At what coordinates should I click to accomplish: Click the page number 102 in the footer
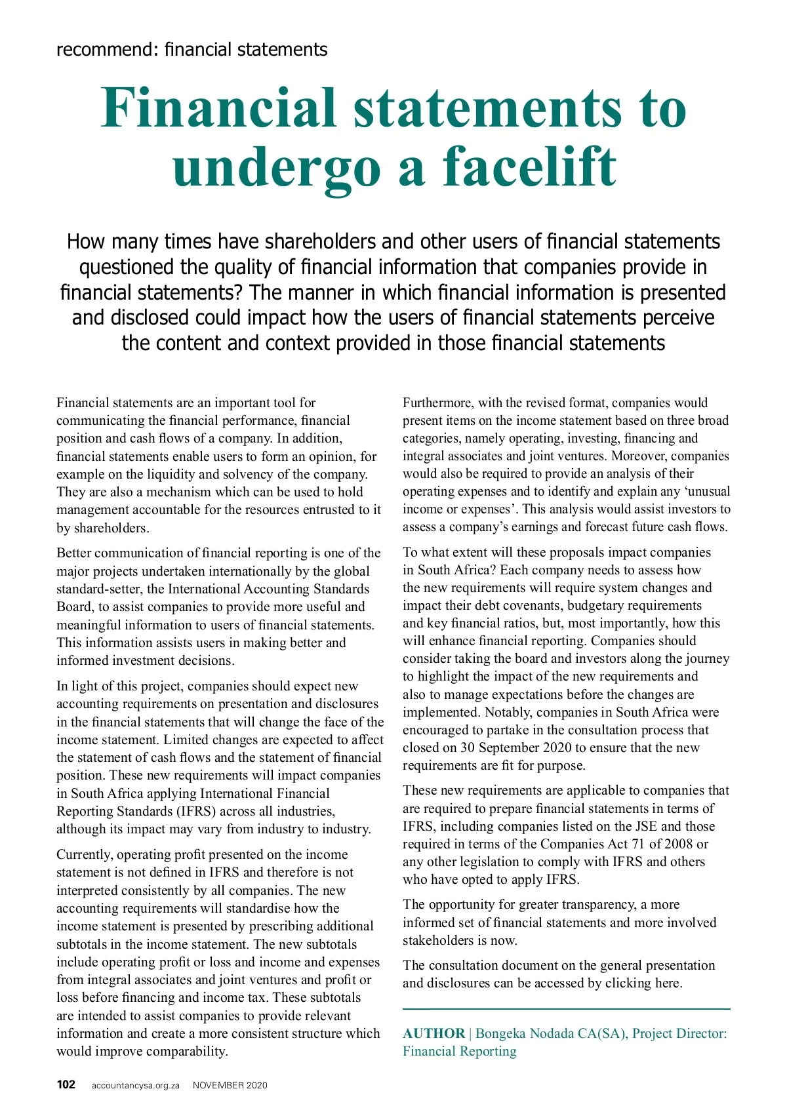point(66,1084)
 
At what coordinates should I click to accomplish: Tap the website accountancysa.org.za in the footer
point(136,1085)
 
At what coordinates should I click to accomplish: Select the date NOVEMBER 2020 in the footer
point(230,1085)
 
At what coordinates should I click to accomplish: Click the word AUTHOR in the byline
point(434,1033)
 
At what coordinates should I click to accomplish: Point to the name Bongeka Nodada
point(525,1033)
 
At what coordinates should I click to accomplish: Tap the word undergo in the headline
point(276,167)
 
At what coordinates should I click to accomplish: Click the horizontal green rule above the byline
point(566,1008)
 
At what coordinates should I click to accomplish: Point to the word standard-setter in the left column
point(98,589)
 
